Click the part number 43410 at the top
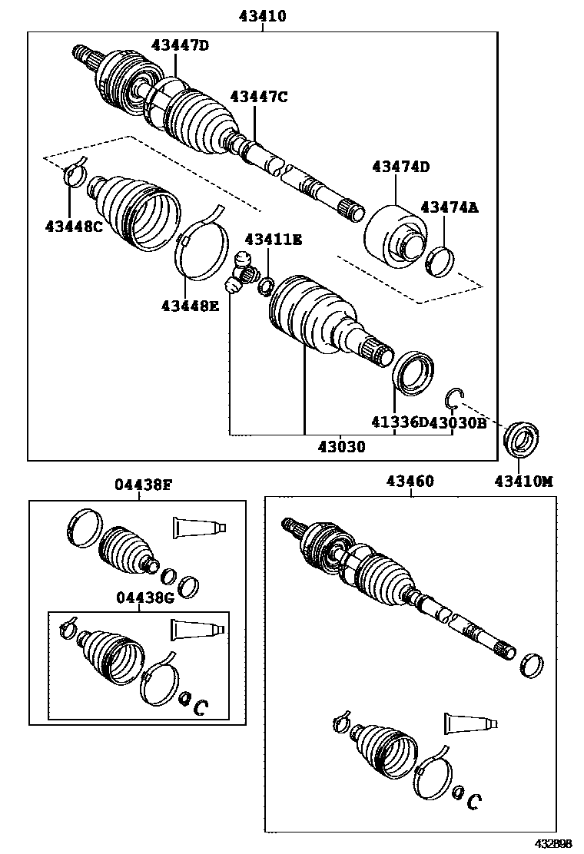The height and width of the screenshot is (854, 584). click(262, 16)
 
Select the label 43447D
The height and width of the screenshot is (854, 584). click(181, 45)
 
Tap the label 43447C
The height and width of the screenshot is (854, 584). click(259, 97)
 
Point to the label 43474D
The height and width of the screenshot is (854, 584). click(401, 167)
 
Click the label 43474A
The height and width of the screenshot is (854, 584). click(450, 207)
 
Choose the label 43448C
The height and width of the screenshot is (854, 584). click(74, 226)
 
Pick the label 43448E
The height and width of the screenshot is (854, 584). click(190, 306)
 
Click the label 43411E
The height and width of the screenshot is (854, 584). click(273, 240)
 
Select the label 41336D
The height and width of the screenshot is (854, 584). click(400, 422)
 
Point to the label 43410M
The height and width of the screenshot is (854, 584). click(524, 482)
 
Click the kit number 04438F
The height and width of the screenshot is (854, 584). click(143, 484)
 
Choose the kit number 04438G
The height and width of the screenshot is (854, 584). click(145, 598)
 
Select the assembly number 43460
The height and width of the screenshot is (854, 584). click(410, 482)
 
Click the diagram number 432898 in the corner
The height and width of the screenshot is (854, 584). click(553, 844)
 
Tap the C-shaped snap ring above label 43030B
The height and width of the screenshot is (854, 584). click(454, 398)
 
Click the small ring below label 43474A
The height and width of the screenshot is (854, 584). click(440, 261)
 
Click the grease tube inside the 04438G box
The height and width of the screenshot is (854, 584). click(197, 630)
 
